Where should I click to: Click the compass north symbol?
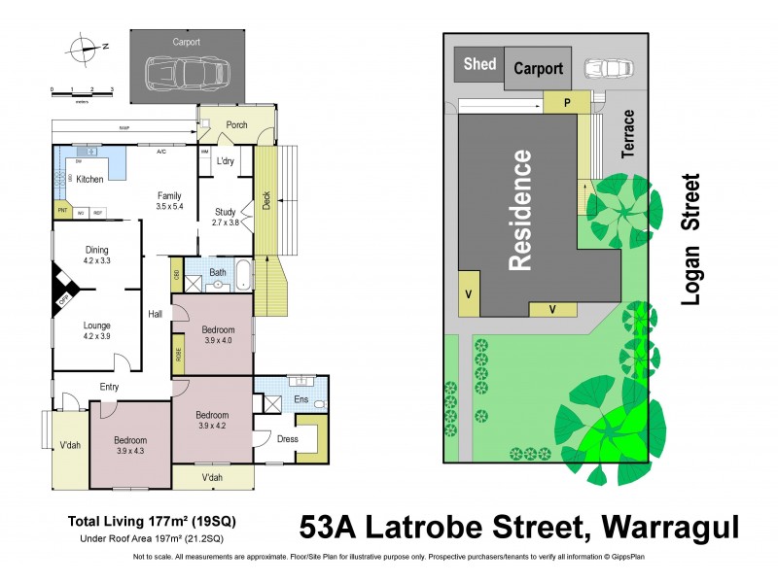(x=86, y=45)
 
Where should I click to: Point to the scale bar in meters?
(x=83, y=89)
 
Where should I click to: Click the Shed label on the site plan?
(x=479, y=65)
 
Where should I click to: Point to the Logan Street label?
(x=691, y=239)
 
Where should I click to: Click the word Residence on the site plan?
(x=521, y=209)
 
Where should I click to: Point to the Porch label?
(x=236, y=125)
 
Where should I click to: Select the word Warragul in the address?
(x=671, y=528)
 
